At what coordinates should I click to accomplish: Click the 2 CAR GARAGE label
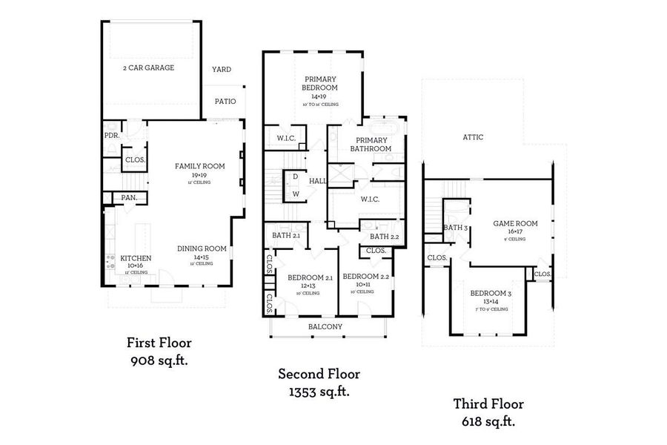[148, 67]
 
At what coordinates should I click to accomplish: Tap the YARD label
[222, 70]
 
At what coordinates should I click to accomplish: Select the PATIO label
[225, 102]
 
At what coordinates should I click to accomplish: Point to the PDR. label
[112, 136]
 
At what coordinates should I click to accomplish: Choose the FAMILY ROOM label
[199, 166]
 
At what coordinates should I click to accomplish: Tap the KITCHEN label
[136, 258]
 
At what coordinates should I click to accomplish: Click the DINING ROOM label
[202, 249]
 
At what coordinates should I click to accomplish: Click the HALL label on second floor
[318, 180]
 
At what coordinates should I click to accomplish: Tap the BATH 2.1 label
[286, 235]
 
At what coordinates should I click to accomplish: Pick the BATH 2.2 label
[385, 237]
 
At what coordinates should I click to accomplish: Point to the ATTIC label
[474, 137]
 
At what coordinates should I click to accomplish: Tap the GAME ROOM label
[515, 223]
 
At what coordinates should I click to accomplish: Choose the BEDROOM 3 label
[491, 293]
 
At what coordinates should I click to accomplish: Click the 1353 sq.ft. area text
[313, 392]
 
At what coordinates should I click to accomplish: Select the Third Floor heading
[488, 404]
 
